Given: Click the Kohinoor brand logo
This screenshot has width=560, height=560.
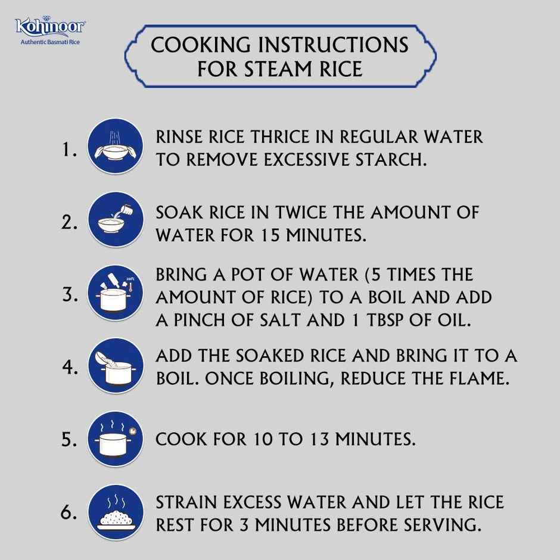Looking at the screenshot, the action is point(49,26).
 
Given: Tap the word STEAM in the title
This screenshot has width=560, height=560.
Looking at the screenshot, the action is point(278,69).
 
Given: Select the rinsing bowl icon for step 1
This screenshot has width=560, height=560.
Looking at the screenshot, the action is point(116,147).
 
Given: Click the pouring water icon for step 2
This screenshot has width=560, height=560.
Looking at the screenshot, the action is point(116,220).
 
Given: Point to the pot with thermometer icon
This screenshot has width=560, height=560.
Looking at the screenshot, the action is point(116,293).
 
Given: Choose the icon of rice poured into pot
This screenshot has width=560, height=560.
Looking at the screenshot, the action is point(116,366).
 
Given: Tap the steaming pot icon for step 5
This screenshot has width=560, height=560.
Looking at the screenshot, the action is point(116,439).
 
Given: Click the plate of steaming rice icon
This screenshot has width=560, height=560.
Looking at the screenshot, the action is point(116,512).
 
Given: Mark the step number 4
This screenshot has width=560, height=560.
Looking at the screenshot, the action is point(70,367).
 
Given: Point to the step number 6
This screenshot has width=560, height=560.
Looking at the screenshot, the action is point(69,512).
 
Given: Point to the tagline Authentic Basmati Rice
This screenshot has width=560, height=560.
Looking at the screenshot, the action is point(50,42).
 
